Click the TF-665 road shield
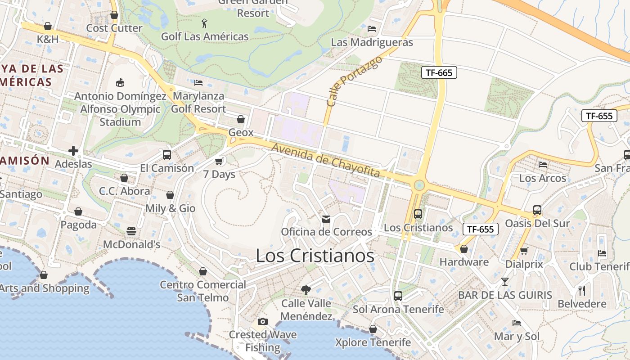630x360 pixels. [x=439, y=72]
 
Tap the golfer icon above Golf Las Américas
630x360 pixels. [x=205, y=22]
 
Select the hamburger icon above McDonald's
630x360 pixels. [x=131, y=231]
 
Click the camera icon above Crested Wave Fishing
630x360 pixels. [x=263, y=321]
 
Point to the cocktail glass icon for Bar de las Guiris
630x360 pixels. [x=505, y=282]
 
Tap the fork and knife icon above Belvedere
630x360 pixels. [x=582, y=290]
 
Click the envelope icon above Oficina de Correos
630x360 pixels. [x=326, y=219]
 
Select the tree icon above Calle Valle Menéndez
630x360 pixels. [x=306, y=290]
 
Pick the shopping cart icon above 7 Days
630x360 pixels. [x=219, y=161]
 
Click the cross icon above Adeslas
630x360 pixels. [x=73, y=150]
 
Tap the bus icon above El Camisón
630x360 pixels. [x=167, y=155]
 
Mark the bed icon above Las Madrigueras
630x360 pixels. [x=372, y=29]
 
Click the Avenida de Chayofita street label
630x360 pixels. [x=326, y=161]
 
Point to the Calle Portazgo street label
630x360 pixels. [x=354, y=81]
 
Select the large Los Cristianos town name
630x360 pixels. [x=315, y=256]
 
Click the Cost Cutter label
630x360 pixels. [x=114, y=28]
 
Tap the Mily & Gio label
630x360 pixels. [x=170, y=208]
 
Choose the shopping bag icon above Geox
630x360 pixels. [x=241, y=119]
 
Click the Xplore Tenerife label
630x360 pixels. [x=373, y=342]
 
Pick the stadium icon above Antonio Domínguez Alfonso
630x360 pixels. [x=120, y=82]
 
